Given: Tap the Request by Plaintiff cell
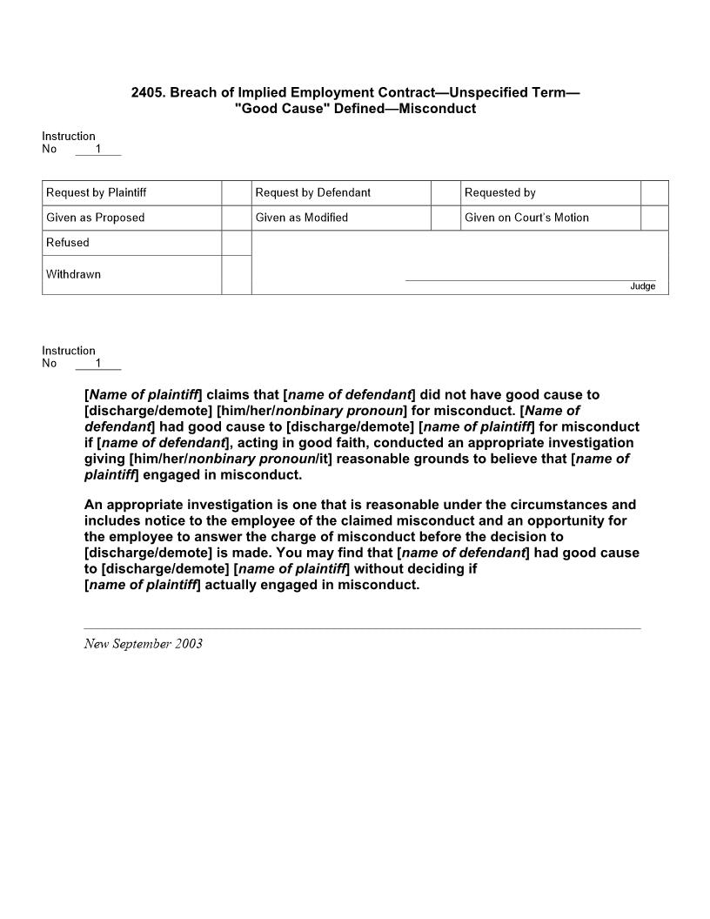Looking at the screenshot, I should coord(96,193).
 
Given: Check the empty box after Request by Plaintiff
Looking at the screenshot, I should coord(237,193).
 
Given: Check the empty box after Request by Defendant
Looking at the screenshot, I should coord(445,193).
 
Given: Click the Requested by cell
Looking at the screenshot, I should coord(500,193).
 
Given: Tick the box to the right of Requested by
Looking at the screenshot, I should coord(654,193).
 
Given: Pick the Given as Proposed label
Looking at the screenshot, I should coord(96,218).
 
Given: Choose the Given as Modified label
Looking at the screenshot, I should coord(302,218).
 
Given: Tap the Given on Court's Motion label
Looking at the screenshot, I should coord(526,218).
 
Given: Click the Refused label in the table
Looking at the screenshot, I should coord(68,243).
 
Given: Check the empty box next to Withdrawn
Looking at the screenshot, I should coord(237,275).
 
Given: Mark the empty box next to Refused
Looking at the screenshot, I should coord(237,243).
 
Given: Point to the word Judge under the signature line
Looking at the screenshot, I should coord(643,286).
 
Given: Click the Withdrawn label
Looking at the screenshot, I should coord(73,275).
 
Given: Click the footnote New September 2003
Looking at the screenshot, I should coord(144,644).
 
